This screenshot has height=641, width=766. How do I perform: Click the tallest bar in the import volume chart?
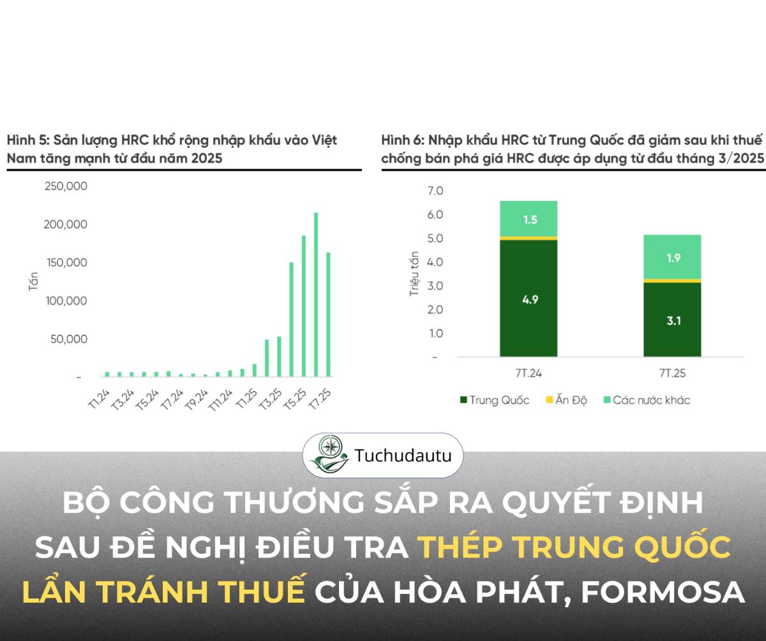click(x=316, y=294)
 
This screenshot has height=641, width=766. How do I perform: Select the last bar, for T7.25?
click(x=328, y=314)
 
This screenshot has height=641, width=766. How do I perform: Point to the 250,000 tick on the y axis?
click(x=66, y=186)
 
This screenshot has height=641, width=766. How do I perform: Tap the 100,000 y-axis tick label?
click(x=66, y=300)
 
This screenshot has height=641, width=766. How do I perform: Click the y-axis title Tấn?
click(x=34, y=281)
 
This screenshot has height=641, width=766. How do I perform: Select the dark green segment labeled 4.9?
click(x=529, y=298)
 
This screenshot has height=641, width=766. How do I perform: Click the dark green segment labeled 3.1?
click(x=672, y=320)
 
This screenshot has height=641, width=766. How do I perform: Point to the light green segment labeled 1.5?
click(x=529, y=219)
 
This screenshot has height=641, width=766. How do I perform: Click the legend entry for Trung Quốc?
click(x=494, y=401)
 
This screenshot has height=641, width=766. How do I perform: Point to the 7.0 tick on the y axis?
click(x=435, y=191)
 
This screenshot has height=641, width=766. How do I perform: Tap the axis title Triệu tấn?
click(x=414, y=274)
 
